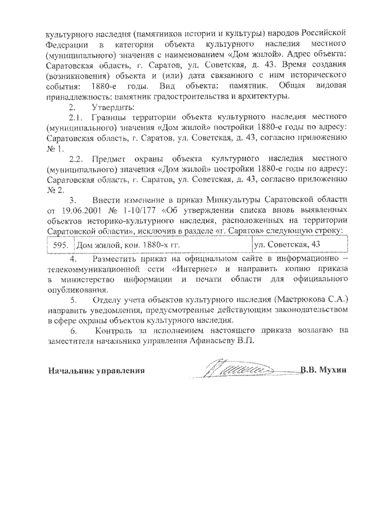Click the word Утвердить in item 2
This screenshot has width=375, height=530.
(x=113, y=108)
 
